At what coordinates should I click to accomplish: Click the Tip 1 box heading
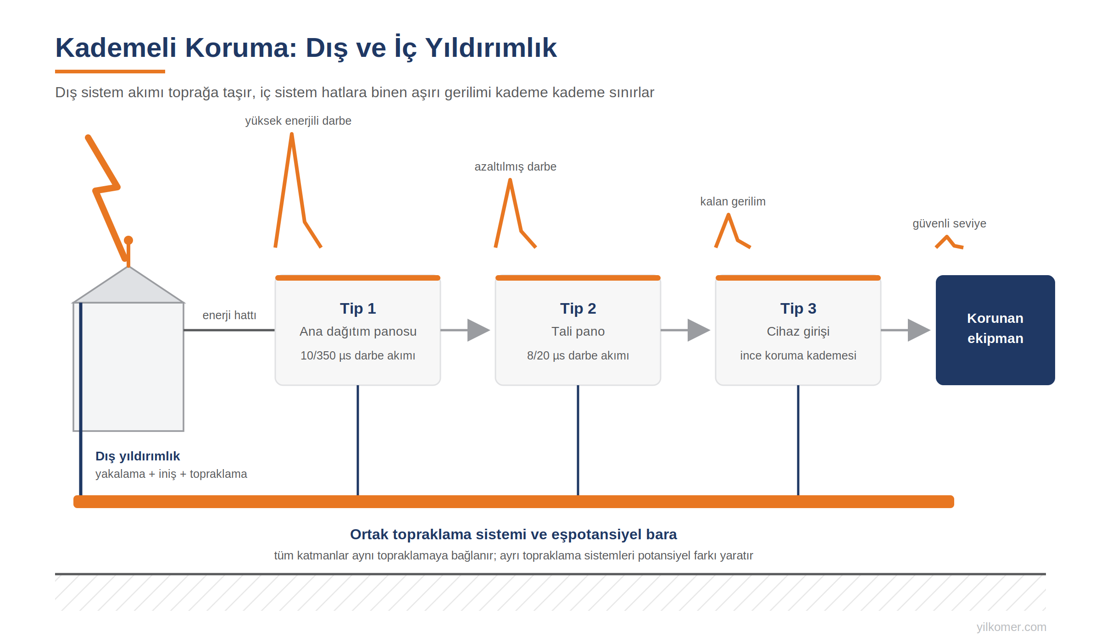[358, 309]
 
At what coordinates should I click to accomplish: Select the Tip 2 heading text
[578, 309]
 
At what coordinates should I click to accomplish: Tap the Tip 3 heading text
[798, 309]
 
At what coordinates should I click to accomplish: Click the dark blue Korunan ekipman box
[995, 330]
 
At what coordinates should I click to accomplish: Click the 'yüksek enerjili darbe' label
[298, 121]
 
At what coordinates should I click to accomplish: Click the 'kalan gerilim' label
[733, 201]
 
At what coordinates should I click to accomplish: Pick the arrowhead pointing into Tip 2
[478, 330]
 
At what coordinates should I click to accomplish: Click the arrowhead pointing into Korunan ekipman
[919, 330]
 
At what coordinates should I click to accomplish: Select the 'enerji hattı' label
[229, 315]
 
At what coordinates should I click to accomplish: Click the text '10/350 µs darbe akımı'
[358, 355]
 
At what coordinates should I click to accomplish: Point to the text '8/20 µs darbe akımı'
[578, 355]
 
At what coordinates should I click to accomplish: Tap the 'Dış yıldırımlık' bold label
[138, 456]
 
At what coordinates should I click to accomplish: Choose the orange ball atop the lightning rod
[128, 240]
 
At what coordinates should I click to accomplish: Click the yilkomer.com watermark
[1011, 626]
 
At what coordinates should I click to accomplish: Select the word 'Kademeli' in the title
[116, 47]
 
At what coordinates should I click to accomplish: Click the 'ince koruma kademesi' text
[798, 355]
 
